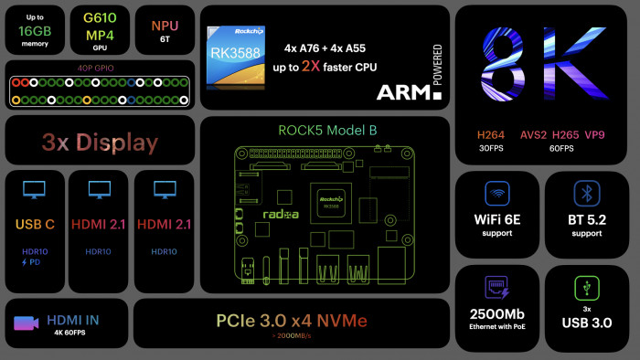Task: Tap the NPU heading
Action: point(165,25)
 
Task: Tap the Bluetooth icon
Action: point(586,194)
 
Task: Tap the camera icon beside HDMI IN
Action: point(25,322)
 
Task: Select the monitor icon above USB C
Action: point(34,190)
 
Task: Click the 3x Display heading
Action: point(100,143)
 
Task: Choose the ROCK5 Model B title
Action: point(327,130)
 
